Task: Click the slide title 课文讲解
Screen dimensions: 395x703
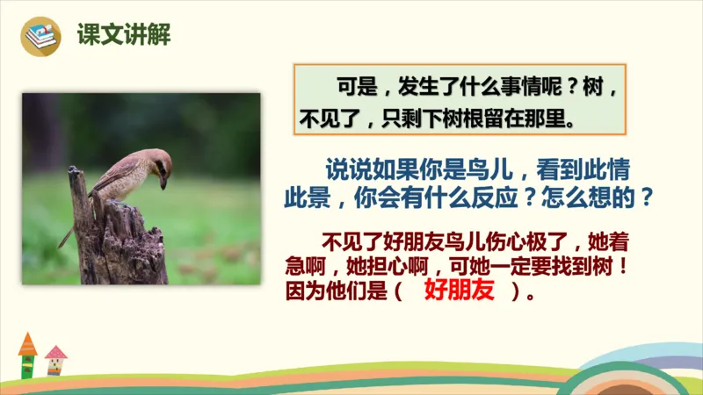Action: [x=123, y=34]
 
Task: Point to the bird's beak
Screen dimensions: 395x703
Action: [x=164, y=182]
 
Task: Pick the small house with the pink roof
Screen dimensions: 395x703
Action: [x=55, y=360]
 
